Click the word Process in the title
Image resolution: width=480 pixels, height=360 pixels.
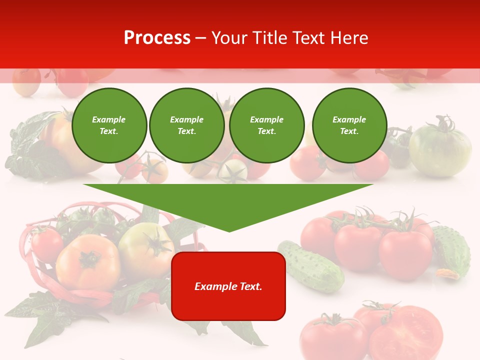[157, 37]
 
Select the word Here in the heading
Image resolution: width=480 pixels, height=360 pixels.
[349, 37]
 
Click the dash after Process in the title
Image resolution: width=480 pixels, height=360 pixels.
[201, 38]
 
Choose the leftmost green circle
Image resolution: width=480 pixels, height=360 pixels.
[109, 125]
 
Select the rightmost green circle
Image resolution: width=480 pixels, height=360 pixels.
[349, 125]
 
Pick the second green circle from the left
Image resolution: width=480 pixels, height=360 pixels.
[186, 125]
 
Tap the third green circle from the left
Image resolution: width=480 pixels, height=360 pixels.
[266, 125]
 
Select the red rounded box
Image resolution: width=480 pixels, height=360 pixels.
[228, 285]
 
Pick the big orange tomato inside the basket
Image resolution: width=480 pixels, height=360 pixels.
[88, 262]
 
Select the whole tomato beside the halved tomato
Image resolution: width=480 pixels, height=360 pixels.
[332, 336]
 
